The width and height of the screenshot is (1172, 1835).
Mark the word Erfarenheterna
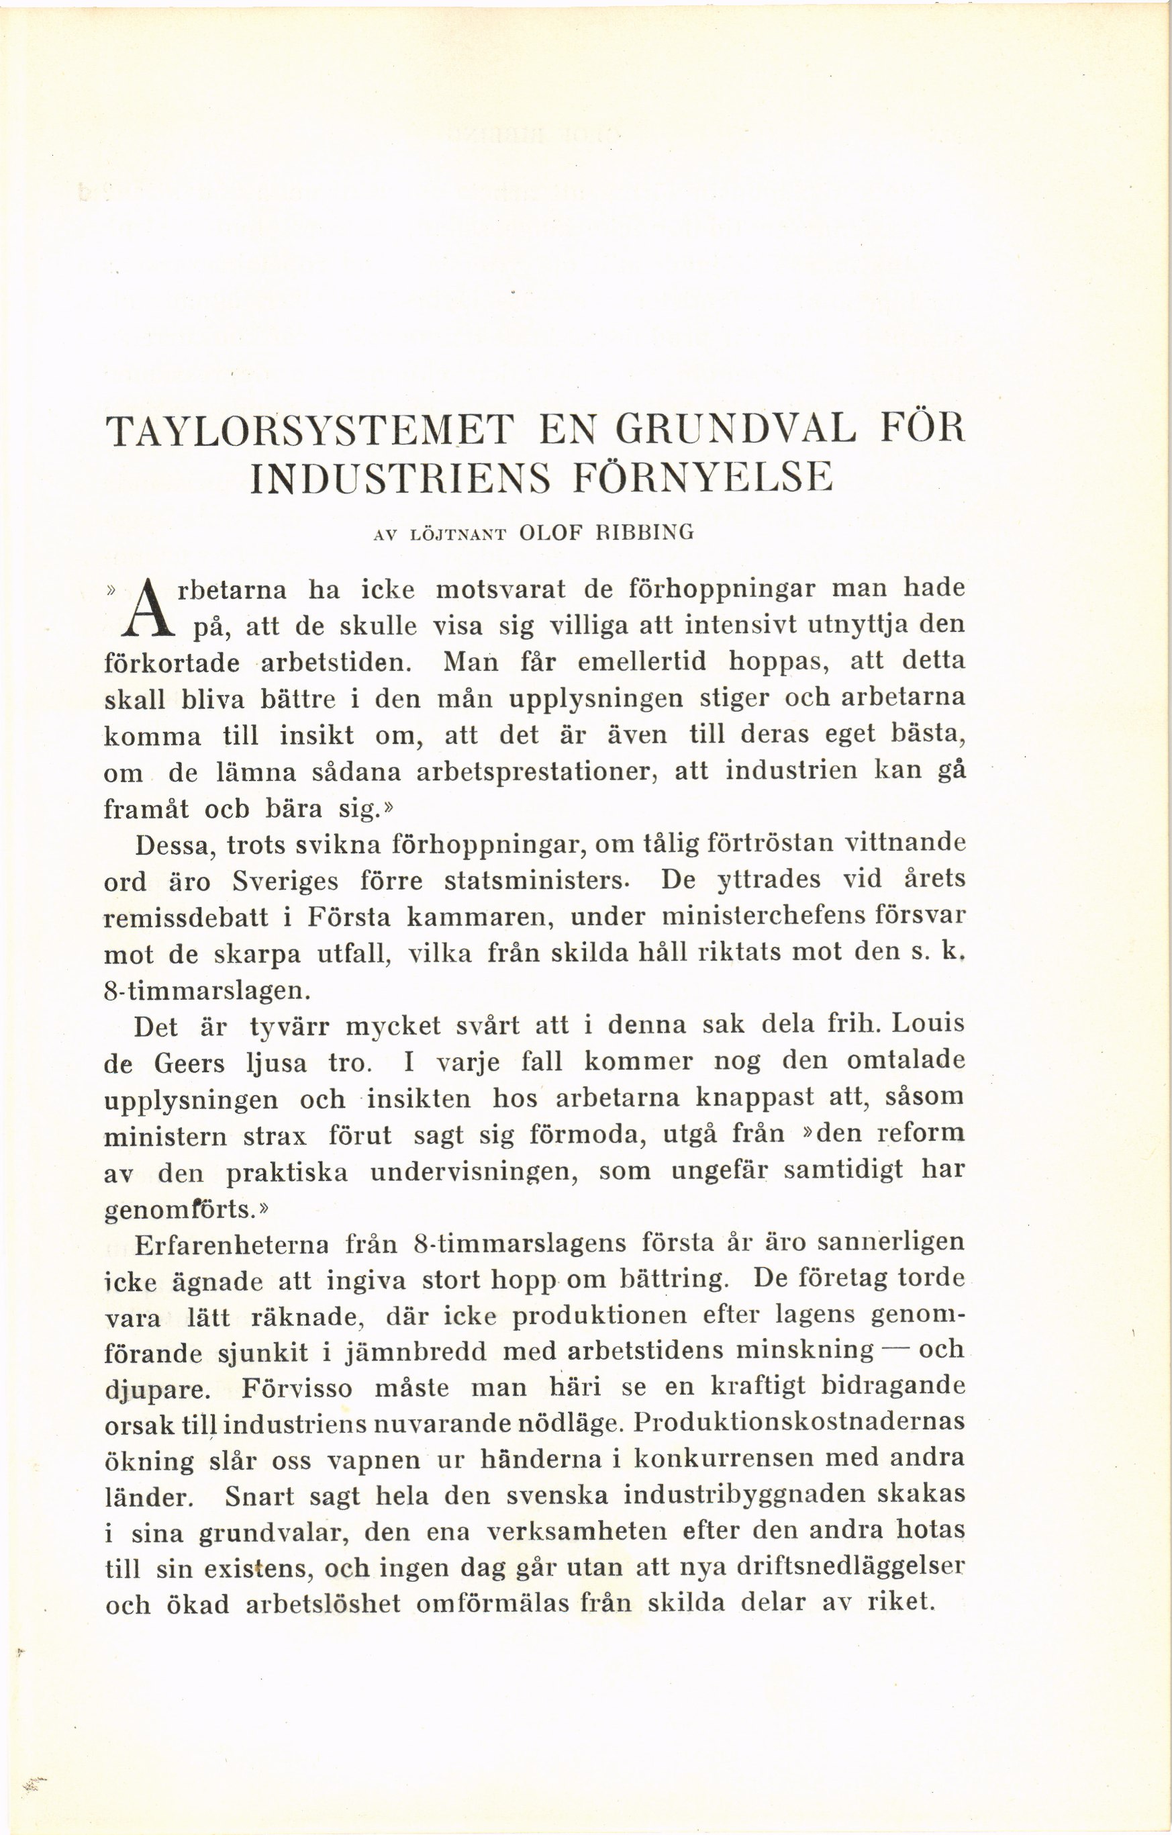(232, 1244)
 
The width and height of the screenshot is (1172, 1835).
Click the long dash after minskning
(896, 1350)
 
